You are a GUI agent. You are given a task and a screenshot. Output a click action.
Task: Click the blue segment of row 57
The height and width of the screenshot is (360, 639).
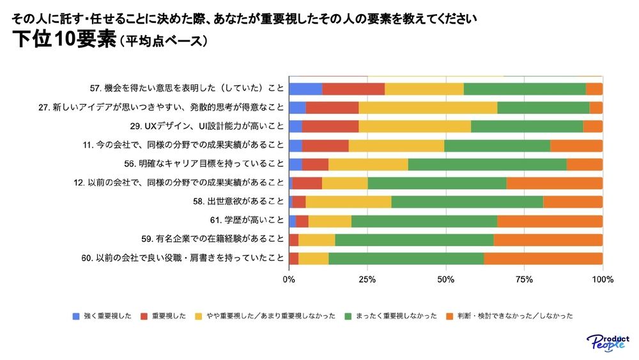click(305, 89)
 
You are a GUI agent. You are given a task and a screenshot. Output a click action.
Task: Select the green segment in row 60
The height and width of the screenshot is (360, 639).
click(406, 258)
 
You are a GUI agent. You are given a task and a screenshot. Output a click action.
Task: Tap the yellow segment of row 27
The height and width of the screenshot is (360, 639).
click(427, 107)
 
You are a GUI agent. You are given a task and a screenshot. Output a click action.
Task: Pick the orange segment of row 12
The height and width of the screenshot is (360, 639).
click(554, 183)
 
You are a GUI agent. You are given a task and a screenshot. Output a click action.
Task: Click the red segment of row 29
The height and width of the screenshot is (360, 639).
click(330, 127)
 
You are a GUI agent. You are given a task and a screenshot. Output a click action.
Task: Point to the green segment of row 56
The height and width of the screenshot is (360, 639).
click(487, 164)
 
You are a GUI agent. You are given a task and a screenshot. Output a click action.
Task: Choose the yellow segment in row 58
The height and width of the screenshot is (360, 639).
click(348, 202)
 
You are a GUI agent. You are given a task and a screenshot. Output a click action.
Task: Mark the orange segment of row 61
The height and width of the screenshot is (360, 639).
click(550, 221)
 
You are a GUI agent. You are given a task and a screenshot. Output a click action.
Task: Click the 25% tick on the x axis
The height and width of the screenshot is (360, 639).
click(367, 279)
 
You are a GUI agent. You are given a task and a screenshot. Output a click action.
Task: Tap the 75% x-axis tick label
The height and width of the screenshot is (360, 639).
click(524, 279)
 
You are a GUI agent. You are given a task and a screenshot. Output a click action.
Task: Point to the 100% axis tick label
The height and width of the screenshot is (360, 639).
click(603, 279)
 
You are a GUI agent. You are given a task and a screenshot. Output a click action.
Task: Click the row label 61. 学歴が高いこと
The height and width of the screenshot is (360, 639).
click(247, 221)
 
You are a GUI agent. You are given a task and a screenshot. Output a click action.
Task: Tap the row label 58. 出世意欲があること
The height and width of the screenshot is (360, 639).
click(238, 202)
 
